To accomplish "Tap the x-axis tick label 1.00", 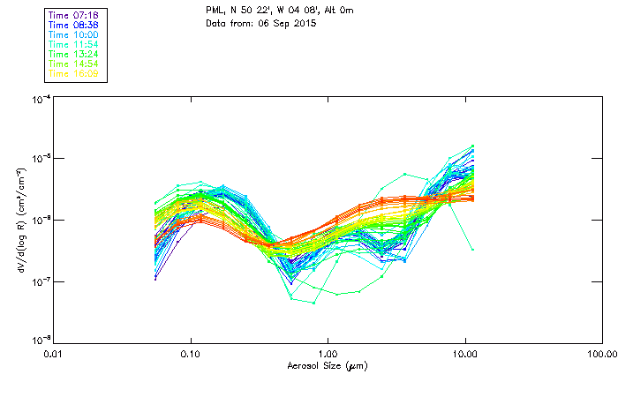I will (328, 354).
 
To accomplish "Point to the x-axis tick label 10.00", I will (466, 354).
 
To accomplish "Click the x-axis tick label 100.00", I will (602, 354).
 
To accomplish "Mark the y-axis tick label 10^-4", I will (37, 99).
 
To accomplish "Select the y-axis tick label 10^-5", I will (37, 159).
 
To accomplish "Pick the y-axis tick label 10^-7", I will (37, 281).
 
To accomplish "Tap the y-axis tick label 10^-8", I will (37, 341).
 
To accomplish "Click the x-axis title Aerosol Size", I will (328, 365).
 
